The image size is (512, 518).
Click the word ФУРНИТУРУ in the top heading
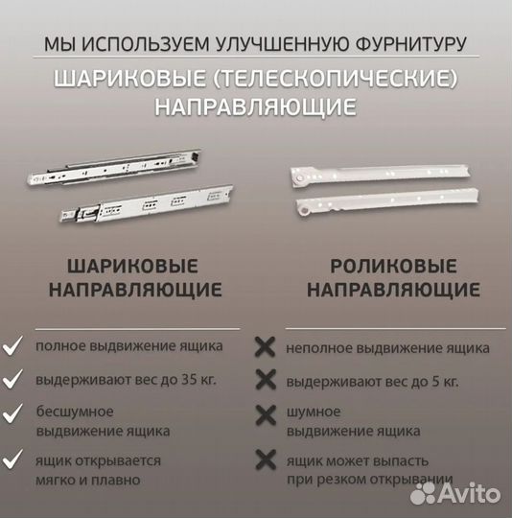(418, 43)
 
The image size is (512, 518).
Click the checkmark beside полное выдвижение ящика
(13, 345)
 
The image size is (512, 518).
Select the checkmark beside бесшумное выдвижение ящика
(13, 414)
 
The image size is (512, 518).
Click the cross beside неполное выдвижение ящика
(264, 347)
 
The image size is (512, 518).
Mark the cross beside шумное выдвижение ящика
(264, 414)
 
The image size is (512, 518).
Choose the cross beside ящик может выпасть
(264, 460)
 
